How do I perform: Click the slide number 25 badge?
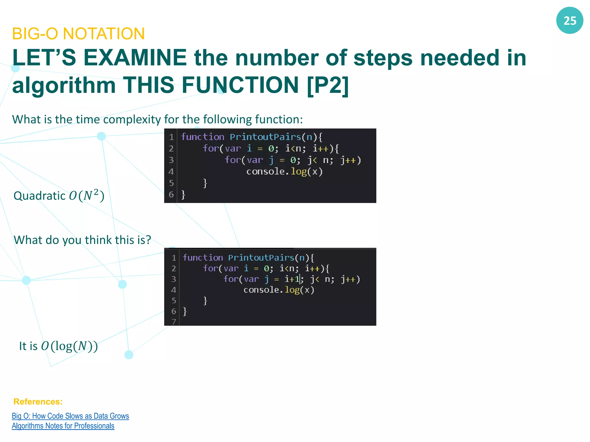(570, 20)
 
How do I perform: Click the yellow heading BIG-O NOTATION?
(78, 34)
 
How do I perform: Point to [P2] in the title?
(328, 85)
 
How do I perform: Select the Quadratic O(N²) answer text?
(59, 196)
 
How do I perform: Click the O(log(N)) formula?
(69, 346)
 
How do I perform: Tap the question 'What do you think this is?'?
(82, 240)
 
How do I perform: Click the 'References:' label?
(38, 401)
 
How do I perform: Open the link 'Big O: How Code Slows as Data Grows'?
(70, 416)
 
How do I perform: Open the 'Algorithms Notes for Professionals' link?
(63, 426)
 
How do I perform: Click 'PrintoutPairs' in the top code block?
(265, 137)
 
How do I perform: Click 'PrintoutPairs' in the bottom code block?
(261, 258)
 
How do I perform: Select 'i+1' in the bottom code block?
(292, 279)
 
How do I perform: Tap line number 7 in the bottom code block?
(173, 321)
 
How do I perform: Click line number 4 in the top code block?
(171, 172)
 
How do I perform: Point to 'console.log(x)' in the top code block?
(284, 172)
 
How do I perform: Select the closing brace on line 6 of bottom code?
(185, 311)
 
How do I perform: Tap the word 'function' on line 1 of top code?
(203, 137)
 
